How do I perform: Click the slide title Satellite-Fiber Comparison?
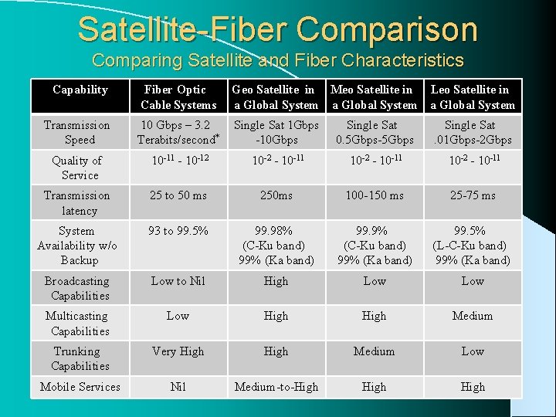point(277,29)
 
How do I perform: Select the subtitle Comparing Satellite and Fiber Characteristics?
point(277,60)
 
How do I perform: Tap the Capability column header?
point(80,90)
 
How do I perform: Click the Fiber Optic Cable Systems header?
point(178,97)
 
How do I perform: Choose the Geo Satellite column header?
point(276,97)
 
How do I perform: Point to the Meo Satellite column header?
point(374,97)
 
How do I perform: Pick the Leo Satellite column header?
point(473,97)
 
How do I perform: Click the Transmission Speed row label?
point(76,132)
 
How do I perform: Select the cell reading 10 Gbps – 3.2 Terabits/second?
point(178,132)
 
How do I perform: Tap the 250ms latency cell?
point(276,195)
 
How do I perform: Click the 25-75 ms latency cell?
point(473,195)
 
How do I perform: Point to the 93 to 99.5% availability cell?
point(178,231)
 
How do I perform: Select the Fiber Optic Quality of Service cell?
point(178,161)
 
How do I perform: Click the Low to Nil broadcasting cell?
point(178,281)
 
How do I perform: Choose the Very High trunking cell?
point(178,351)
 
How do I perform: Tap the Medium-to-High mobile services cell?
point(276,387)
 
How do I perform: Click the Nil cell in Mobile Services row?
point(178,387)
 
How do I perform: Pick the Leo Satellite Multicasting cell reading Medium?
point(473,316)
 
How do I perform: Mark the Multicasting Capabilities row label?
point(77,324)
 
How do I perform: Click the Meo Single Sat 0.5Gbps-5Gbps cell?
point(374,132)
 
